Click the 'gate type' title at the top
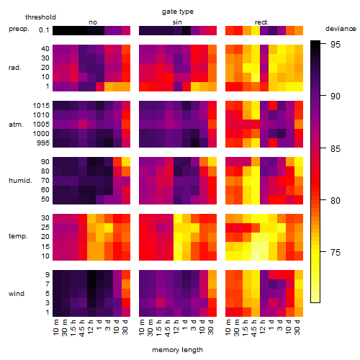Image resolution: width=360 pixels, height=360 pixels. [178, 12]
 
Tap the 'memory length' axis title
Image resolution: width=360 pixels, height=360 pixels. [177, 350]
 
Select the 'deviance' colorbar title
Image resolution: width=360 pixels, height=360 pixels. [341, 29]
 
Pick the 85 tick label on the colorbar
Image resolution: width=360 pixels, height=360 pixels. [336, 148]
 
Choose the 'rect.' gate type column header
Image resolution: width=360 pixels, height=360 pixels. [261, 22]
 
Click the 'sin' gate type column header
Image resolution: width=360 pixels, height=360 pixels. [177, 22]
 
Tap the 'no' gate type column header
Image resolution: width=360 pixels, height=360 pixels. [93, 22]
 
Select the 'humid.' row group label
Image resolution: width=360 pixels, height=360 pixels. [20, 181]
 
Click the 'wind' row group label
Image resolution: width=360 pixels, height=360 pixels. [17, 294]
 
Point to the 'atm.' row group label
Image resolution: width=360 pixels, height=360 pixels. [16, 125]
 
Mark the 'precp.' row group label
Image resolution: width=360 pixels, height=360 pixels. [19, 29]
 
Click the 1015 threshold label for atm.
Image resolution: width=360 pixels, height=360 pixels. [41, 105]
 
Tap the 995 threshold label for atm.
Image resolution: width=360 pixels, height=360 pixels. [43, 143]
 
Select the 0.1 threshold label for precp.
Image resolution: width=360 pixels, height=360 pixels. [44, 30]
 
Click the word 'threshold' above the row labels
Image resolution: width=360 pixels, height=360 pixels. [40, 17]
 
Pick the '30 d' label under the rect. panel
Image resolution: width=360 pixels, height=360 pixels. [297, 327]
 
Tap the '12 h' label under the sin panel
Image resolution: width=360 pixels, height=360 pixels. [176, 327]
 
